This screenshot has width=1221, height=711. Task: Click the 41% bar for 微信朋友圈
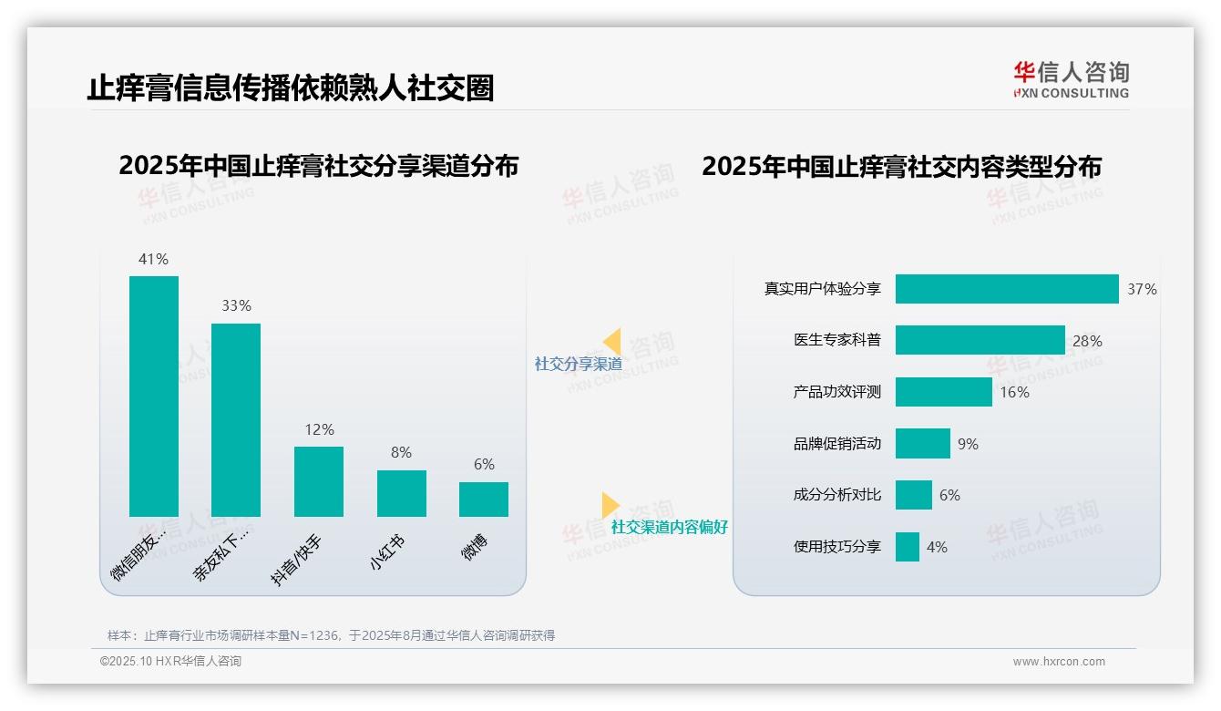coord(154,396)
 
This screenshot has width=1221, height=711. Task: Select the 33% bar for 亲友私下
coord(236,419)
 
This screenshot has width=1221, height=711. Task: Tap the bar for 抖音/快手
coord(319,481)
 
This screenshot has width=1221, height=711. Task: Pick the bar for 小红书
coord(401,493)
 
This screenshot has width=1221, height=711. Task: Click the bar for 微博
coord(484,499)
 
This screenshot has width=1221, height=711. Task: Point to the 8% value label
coord(401,452)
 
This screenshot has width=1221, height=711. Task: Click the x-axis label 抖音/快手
coord(297,560)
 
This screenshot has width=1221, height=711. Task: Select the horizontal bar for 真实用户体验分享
coord(1006,289)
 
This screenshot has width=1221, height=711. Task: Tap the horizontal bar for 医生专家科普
coord(980,340)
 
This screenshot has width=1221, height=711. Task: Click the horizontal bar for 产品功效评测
coord(943,392)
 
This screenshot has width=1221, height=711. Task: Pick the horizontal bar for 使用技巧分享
coord(907,547)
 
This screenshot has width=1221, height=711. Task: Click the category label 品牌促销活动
coord(836,444)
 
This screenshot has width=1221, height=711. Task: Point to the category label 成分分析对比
coord(836,495)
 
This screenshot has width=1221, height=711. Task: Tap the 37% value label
coord(1142,289)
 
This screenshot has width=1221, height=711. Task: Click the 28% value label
coord(1087,341)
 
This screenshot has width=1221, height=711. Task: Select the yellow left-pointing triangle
coord(612,342)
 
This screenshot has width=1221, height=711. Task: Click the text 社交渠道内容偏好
coord(669,527)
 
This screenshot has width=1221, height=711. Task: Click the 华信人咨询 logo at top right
coord(1071,79)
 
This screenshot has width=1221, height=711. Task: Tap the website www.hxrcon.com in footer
coord(1059,662)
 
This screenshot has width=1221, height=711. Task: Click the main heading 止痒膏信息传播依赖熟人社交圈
coord(291,88)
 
